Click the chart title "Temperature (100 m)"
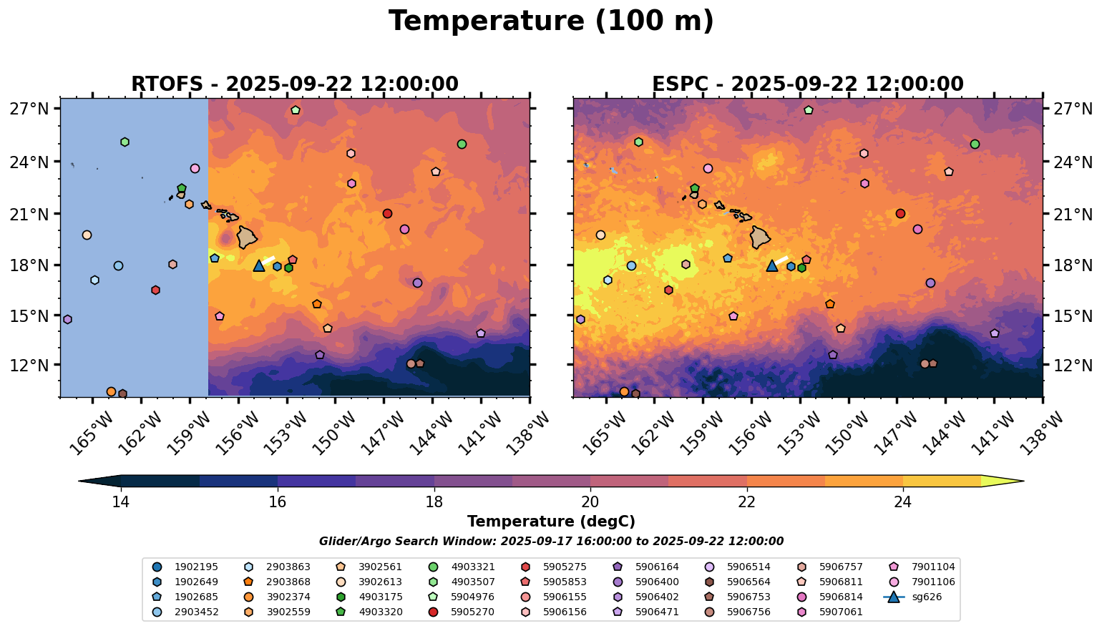point(551,21)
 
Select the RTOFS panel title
point(294,84)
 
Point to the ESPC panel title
point(807,84)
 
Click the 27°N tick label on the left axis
point(29,109)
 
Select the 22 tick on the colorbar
point(746,502)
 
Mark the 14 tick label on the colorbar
point(120,502)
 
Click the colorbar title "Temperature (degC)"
point(551,522)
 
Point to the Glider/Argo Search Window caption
point(551,542)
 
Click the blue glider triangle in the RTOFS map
point(259,266)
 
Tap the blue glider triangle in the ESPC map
point(772,266)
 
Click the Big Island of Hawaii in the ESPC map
point(761,237)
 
